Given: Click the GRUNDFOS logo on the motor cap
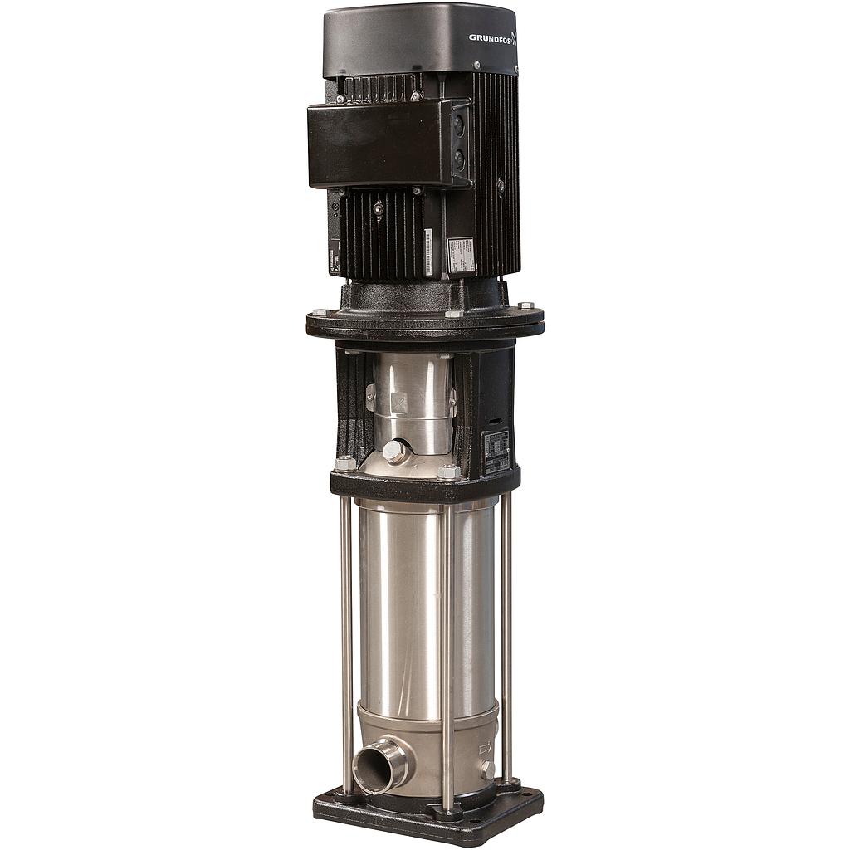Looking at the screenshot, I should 492,37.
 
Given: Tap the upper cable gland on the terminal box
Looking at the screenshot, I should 459,126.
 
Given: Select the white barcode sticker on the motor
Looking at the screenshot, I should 428,251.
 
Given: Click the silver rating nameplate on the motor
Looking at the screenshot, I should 461,255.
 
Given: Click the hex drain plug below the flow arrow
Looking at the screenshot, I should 486,769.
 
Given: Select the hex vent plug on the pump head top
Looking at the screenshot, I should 393,452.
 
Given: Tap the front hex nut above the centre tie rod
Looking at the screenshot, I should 448,472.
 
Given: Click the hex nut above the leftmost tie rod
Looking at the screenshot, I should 344,463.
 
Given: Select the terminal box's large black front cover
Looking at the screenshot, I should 379,146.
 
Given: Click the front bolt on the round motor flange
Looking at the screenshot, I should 453,314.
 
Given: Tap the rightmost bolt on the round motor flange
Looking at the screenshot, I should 526,306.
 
